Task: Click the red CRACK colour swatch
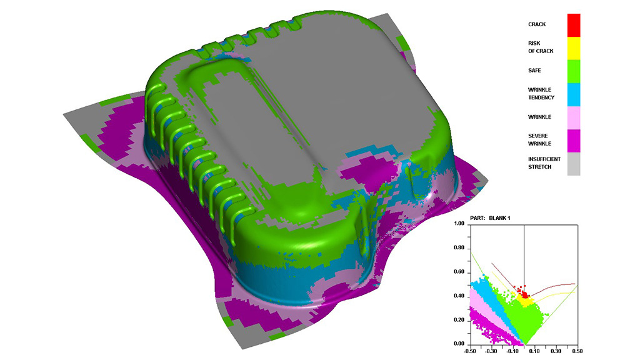[574, 24]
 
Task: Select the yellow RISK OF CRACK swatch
[574, 47]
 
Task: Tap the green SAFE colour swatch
[574, 71]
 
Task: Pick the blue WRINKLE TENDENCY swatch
[574, 94]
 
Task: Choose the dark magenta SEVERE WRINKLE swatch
[574, 140]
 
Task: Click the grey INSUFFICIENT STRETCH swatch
[574, 163]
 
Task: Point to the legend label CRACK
[537, 24]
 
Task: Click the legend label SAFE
[535, 71]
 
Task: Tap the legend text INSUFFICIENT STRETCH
[544, 162]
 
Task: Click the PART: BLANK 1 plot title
[505, 217]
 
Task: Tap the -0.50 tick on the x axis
[470, 351]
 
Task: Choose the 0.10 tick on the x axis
[534, 351]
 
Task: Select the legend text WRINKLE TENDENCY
[541, 94]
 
